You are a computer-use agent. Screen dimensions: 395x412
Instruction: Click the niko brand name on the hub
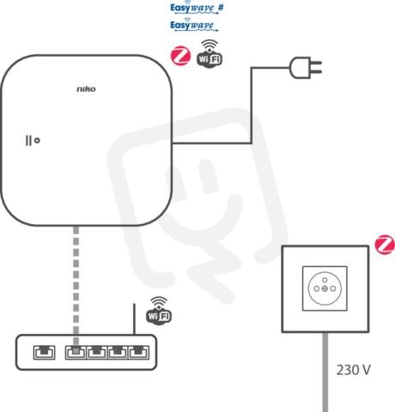coord(86,89)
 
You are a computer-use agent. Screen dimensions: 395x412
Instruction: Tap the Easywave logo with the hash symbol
coord(197,7)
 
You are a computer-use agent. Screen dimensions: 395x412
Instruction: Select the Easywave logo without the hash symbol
coord(194,24)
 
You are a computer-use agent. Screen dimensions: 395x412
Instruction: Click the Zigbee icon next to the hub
coord(180,57)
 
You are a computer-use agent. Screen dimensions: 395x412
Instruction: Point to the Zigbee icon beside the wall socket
coord(385,245)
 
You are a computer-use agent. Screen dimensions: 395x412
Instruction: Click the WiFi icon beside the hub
coord(210,54)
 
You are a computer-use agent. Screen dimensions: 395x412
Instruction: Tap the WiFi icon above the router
coord(159,311)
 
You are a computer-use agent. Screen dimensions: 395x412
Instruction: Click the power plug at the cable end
coord(306,68)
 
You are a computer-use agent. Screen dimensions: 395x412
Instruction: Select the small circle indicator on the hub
coord(37,141)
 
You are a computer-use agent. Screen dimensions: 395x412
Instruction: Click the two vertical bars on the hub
coord(28,141)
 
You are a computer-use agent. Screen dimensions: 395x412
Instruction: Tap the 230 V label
coord(353,370)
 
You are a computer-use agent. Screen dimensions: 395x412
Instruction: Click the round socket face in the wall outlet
coord(325,288)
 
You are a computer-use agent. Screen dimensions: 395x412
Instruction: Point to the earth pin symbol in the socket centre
coord(325,288)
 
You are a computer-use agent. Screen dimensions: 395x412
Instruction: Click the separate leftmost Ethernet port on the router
coord(45,352)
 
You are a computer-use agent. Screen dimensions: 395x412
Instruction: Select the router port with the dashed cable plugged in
coord(76,352)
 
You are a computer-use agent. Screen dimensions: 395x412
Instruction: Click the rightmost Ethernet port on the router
coord(139,352)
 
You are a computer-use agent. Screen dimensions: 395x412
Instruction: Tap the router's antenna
coord(134,319)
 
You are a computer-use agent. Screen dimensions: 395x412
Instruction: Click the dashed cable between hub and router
coord(76,286)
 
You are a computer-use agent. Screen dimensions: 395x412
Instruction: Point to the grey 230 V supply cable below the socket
coord(325,372)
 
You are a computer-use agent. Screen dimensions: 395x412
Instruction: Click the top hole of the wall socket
coord(325,280)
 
